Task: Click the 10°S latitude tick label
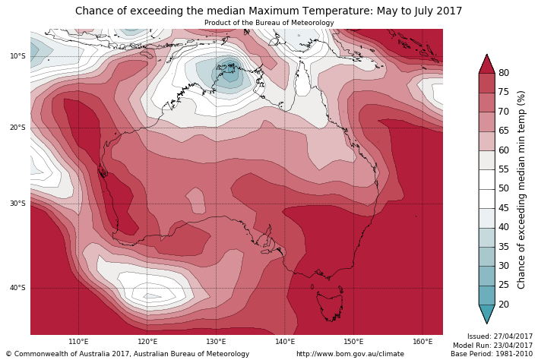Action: pos(17,56)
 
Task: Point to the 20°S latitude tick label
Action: pos(17,128)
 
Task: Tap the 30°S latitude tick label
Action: pos(17,204)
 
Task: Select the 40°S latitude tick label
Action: pos(17,288)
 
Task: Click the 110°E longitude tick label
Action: pos(78,342)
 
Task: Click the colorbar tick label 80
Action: pos(504,73)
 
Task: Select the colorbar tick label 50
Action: pos(504,188)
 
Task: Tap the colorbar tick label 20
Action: pos(504,305)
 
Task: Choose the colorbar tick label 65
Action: pos(504,131)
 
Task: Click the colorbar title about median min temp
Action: pos(521,189)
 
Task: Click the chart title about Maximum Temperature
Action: pos(268,11)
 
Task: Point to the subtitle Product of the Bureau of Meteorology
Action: pos(268,23)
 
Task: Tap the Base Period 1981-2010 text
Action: pos(492,354)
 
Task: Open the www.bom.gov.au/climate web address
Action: pos(350,354)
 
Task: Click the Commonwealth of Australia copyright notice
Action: pos(127,354)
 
